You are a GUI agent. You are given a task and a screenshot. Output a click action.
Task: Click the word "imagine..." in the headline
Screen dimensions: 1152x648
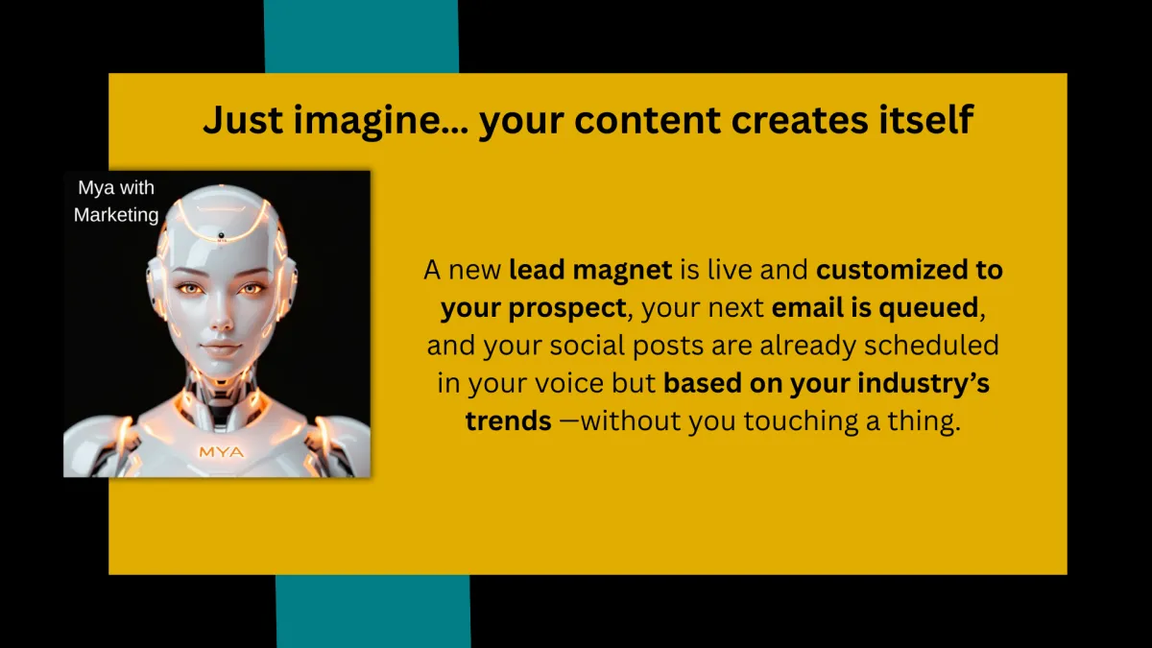coord(380,121)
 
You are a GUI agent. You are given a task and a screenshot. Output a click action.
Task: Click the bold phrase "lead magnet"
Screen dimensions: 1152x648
coord(590,271)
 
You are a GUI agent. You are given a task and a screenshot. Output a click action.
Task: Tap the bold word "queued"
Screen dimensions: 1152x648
coord(928,308)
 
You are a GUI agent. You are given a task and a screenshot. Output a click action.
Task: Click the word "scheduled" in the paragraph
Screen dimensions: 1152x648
coord(931,345)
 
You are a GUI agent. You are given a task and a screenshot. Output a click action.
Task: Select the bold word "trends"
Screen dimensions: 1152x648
coord(509,420)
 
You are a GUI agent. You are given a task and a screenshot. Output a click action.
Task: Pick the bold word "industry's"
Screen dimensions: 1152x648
coord(924,384)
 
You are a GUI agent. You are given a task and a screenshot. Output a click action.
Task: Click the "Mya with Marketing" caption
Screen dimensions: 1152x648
coord(116,201)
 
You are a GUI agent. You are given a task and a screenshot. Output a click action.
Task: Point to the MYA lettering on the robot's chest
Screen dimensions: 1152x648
coord(222,452)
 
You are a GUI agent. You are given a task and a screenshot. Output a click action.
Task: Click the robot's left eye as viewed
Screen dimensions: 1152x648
coord(190,289)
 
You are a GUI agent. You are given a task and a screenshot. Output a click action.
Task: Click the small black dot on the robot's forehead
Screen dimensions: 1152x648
coord(222,235)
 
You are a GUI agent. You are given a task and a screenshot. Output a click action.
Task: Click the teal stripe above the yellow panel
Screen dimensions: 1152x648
coord(362,36)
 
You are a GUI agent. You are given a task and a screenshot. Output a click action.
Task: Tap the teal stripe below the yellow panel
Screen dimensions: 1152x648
coord(373,612)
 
